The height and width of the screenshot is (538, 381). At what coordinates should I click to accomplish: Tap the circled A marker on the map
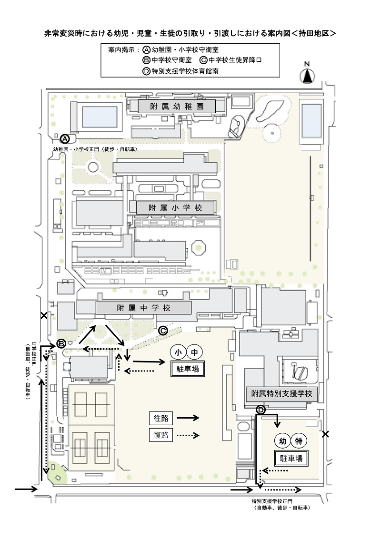tap(65, 138)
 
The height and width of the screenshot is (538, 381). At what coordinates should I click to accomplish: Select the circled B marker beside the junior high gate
tap(61, 343)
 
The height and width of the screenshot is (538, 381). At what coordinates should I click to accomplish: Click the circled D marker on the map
tap(261, 410)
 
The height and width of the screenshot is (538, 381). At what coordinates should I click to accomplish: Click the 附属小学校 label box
tap(175, 208)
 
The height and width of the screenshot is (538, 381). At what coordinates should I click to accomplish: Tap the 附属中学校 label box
tap(143, 307)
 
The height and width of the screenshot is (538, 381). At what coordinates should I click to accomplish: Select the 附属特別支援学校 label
tap(281, 394)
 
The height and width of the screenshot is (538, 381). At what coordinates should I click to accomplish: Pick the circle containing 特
tap(299, 441)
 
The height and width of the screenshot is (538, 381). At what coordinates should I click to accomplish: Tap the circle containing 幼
tap(282, 441)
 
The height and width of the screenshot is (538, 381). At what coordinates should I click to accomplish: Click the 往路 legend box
tap(161, 418)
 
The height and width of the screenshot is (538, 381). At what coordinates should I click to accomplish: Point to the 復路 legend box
tap(161, 435)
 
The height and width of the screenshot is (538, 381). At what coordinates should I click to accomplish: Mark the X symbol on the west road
tap(44, 315)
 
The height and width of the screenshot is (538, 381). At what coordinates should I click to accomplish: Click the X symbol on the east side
tap(325, 434)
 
